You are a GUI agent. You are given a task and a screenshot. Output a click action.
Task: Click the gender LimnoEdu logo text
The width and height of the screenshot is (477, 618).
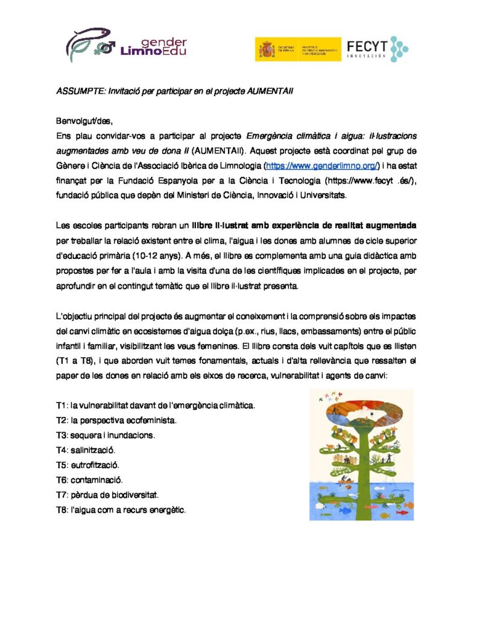pos(154,47)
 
